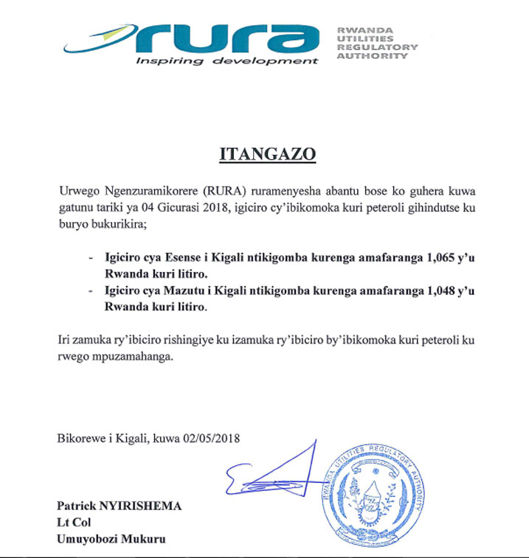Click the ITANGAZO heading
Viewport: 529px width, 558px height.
point(268,155)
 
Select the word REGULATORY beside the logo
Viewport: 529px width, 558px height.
point(377,47)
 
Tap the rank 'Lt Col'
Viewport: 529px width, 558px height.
point(74,523)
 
